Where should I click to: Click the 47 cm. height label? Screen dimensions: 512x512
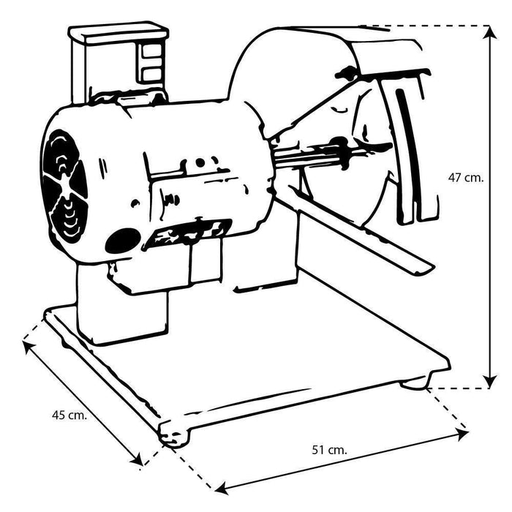click(x=465, y=177)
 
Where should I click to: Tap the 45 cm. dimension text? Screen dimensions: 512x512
click(x=69, y=415)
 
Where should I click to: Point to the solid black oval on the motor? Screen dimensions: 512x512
click(x=122, y=240)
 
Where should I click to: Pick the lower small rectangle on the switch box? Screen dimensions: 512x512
click(x=152, y=73)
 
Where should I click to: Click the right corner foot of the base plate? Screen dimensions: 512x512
click(x=415, y=382)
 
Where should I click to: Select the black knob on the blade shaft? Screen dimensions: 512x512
click(x=347, y=72)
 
